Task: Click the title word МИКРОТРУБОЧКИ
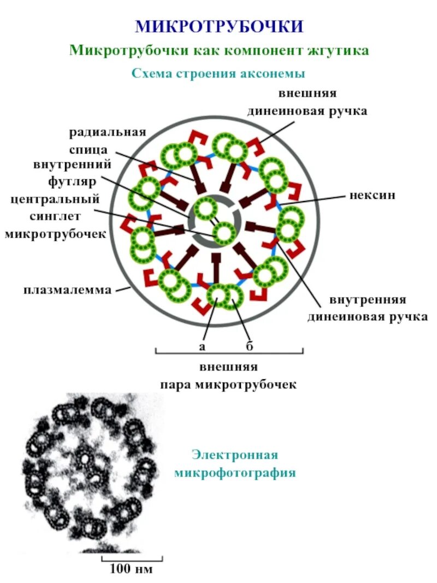(x=219, y=26)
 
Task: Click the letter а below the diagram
(x=203, y=346)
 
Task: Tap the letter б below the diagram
(x=250, y=346)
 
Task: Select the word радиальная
(x=108, y=132)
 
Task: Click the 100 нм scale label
(x=132, y=570)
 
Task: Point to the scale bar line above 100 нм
(x=132, y=559)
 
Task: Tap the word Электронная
(x=235, y=455)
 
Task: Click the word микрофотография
(x=235, y=473)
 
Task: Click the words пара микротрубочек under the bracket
(x=228, y=385)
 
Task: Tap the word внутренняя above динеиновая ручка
(x=367, y=301)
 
